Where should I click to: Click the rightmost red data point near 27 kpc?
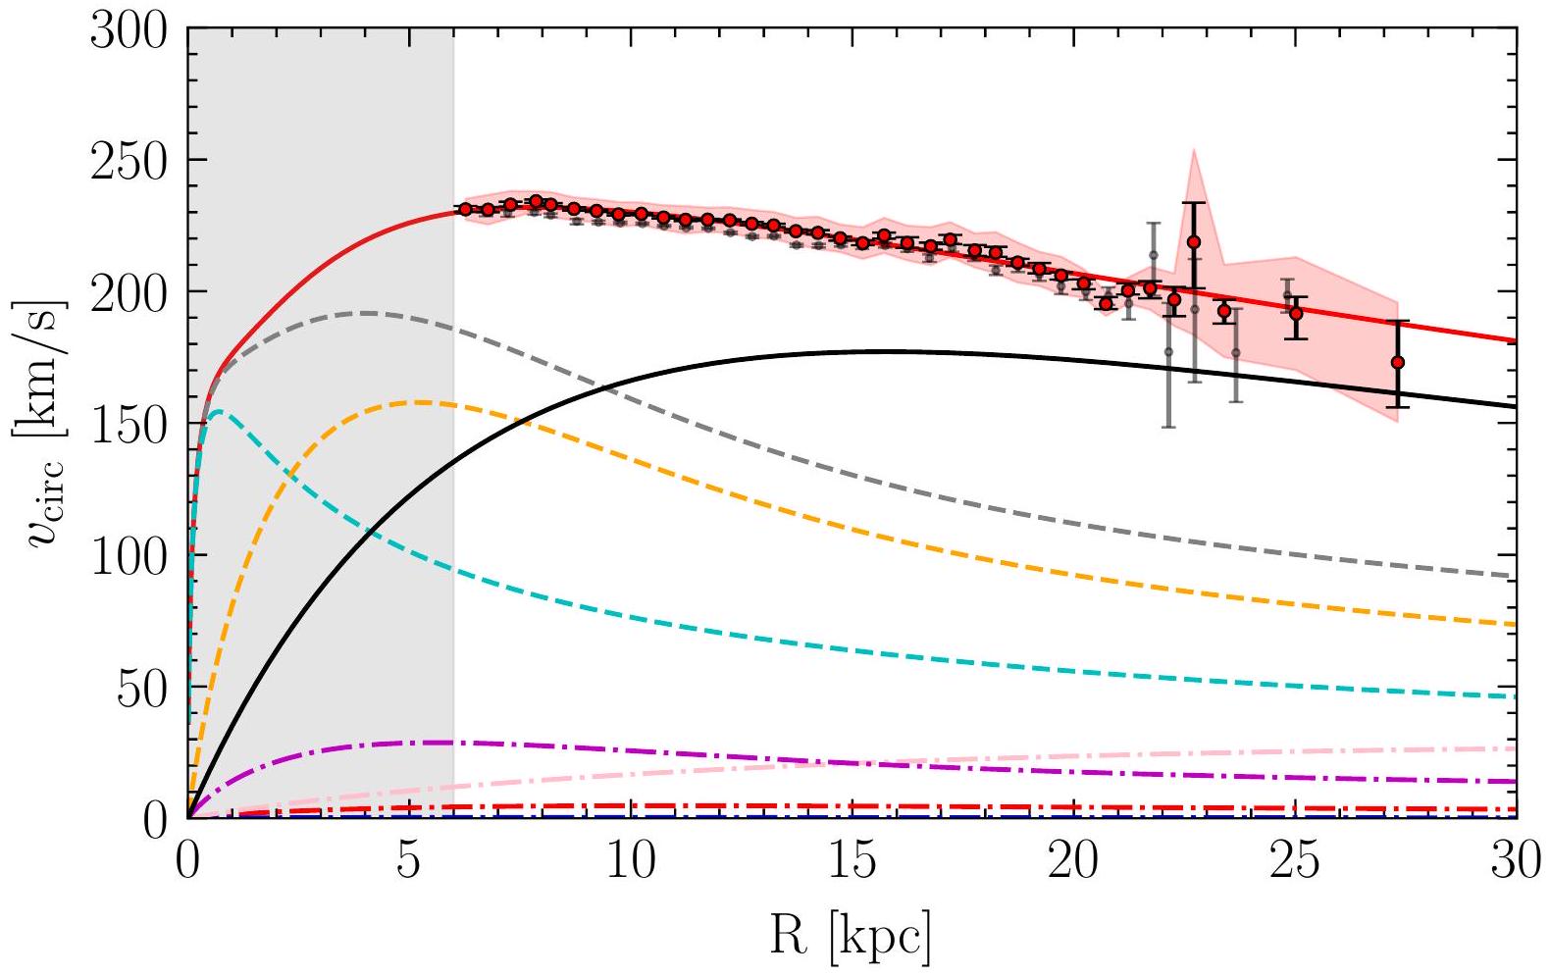(1397, 363)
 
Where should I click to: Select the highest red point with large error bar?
(1193, 242)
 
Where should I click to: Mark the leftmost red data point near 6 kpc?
(465, 209)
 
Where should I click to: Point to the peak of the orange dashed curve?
(420, 402)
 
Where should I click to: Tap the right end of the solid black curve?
(1516, 407)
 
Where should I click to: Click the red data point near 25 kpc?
(1296, 314)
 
